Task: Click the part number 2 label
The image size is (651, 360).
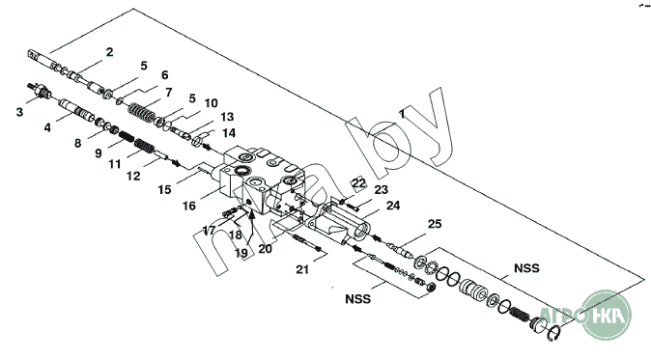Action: coord(109,52)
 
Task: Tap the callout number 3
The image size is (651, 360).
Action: coord(19,112)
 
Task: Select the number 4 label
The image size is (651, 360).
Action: coord(47,127)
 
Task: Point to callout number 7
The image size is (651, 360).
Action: coord(169,92)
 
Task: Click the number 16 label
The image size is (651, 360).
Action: coord(189,206)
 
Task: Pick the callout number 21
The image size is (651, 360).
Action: coord(302,269)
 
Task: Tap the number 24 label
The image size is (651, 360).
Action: coord(393,206)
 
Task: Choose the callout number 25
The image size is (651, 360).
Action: coord(435,224)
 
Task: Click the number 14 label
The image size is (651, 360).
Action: coord(229,133)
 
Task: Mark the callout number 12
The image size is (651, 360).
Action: coord(133,176)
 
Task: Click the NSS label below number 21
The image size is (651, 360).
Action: coord(357,299)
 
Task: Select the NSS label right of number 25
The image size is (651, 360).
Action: coord(526,268)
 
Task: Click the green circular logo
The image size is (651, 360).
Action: coord(607,315)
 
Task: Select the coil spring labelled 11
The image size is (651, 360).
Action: coord(145,147)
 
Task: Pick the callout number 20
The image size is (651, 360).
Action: coord(265,249)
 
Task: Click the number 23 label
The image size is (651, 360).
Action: coord(381,190)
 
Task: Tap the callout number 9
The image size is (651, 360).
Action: coord(98,153)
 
